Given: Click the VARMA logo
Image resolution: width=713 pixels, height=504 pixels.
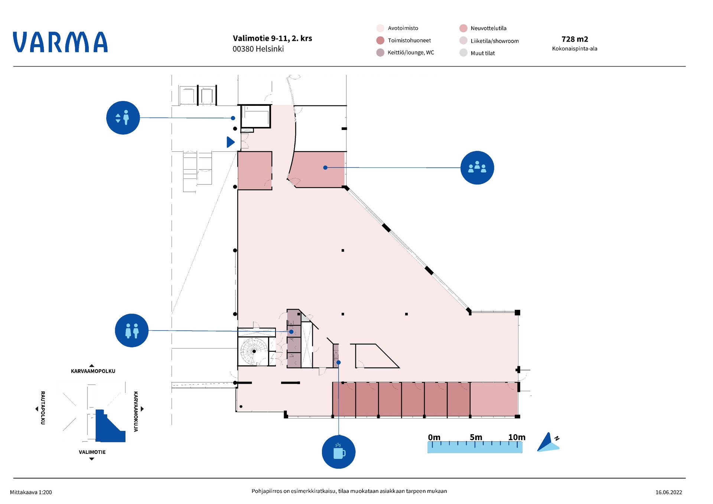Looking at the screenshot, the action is coord(60,42).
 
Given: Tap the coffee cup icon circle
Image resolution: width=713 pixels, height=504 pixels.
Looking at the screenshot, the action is coord(339,452).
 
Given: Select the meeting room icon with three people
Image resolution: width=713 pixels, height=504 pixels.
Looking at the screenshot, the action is coord(477,168).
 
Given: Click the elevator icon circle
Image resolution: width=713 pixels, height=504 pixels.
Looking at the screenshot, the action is coord(123,118).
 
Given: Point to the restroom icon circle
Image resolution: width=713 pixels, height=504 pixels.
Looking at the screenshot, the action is coord(132,330).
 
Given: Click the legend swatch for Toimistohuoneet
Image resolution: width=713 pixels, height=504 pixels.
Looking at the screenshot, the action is coord(380,40).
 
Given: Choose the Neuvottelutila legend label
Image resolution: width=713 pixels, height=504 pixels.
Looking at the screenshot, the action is coord(488,28).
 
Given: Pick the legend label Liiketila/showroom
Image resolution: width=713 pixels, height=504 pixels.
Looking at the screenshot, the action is coord(495,41).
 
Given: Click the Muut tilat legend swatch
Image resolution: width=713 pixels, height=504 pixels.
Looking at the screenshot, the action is coord(463,53).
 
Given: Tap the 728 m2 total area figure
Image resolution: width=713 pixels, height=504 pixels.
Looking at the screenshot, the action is coord(574,39).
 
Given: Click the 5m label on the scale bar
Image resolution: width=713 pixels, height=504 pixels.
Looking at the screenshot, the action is coord(476,437).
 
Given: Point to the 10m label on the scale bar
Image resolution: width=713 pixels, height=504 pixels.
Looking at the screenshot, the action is coord(517,437).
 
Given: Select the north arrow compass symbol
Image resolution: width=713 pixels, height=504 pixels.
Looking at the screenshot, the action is coord(548,442).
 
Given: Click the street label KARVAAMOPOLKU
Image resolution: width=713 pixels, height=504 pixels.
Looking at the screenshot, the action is coord(93,371).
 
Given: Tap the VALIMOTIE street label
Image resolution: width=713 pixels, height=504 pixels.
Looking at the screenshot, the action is coord(92,452).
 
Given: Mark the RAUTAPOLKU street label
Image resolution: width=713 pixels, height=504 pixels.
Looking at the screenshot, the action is coord(43,408).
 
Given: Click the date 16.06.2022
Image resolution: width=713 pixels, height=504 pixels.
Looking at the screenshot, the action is coord(668,492).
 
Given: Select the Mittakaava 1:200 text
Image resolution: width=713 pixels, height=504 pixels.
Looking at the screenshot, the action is coord(31,492).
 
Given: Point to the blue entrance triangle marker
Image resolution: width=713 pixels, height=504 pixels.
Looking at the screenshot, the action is coord(231,142).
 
